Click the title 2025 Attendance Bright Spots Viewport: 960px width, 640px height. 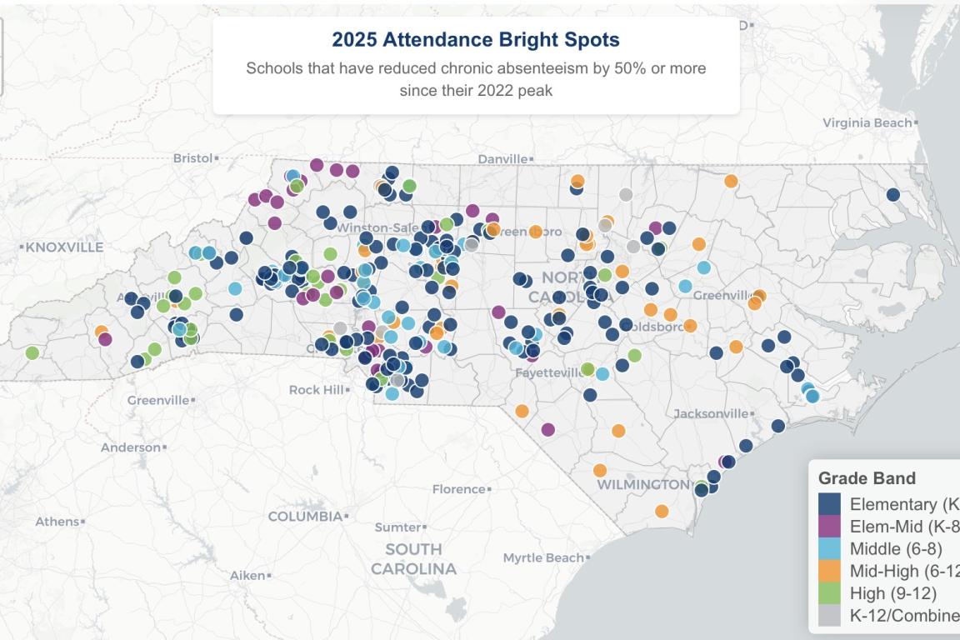[x=476, y=39]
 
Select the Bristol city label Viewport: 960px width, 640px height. [x=193, y=157]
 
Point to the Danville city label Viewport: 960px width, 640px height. [x=502, y=158]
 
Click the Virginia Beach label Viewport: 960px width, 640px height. [x=867, y=123]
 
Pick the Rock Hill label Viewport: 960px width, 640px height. [x=316, y=389]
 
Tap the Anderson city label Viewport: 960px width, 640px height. [x=130, y=447]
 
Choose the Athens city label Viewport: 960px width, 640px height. [x=57, y=522]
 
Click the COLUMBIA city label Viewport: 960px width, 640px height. [x=305, y=517]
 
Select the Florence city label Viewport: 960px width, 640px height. [x=458, y=489]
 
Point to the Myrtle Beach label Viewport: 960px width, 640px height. [x=542, y=557]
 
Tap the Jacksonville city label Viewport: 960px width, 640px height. [x=711, y=413]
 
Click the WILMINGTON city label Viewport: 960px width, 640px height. [x=642, y=484]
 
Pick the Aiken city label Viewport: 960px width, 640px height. [x=247, y=575]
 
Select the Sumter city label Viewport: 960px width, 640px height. [x=397, y=527]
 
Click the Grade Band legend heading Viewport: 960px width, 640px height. [x=867, y=478]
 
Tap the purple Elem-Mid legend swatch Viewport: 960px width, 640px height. [x=829, y=527]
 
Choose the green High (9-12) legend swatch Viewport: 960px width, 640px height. [x=829, y=593]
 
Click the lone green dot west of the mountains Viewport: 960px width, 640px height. [x=32, y=352]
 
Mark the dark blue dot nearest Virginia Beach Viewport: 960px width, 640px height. [x=892, y=195]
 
